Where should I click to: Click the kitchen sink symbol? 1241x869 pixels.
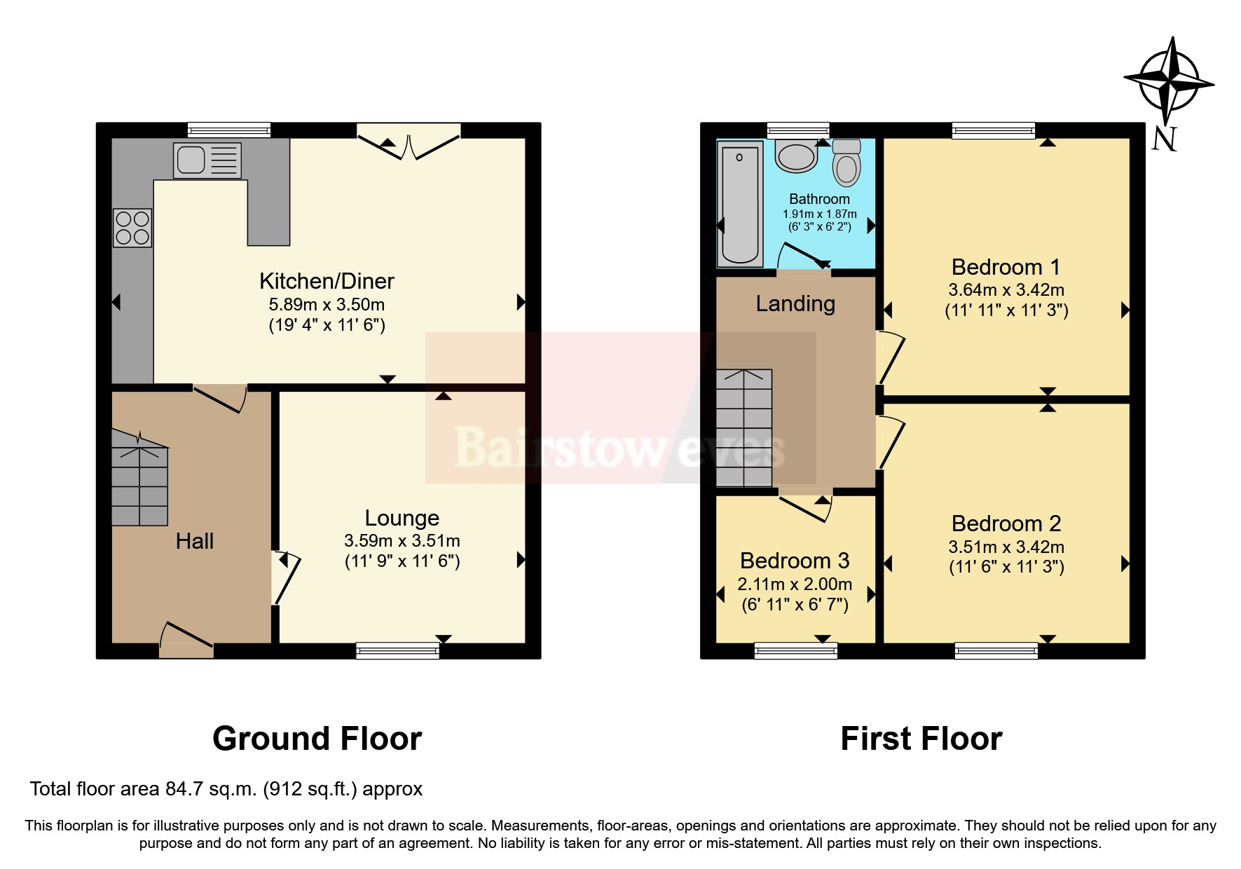point(207,160)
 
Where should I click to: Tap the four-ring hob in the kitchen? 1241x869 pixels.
point(132,228)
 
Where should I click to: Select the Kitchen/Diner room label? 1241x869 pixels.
point(327,281)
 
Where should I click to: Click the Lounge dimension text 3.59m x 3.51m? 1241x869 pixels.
point(402,540)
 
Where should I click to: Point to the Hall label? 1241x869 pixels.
point(194,541)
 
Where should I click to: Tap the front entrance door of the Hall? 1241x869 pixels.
point(186,639)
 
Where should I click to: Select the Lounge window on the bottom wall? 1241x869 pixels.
point(397,651)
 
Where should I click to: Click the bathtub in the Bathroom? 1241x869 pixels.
point(739,203)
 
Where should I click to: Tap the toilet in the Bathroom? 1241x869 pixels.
point(846,163)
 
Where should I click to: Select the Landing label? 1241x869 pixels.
point(795,303)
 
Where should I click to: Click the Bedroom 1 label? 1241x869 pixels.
point(1006,267)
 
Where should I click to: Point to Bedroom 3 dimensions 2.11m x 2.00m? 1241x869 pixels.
point(795,584)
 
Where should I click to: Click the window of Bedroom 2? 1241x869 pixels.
point(996,651)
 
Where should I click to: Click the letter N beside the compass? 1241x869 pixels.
point(1164,139)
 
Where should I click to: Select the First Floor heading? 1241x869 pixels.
point(921,739)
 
